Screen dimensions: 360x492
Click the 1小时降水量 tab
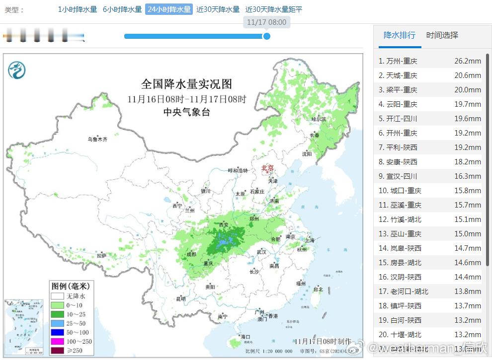[77, 9]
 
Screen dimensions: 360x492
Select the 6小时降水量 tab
[122, 9]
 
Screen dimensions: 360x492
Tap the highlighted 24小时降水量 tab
[168, 9]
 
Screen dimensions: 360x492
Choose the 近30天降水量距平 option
[273, 9]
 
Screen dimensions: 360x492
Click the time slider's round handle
[266, 36]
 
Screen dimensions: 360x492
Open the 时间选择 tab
[442, 35]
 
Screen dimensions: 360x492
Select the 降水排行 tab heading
[399, 35]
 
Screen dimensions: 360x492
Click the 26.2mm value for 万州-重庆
[467, 61]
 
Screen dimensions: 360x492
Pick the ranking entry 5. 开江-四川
[398, 119]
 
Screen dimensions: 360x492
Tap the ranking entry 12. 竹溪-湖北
[400, 219]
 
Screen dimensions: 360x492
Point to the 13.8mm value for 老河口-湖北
[467, 291]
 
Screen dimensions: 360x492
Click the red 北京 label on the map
[267, 168]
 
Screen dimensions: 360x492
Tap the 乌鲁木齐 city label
[97, 140]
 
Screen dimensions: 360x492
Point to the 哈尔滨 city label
[319, 119]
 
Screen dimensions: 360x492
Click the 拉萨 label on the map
[101, 255]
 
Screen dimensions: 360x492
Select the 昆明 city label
[180, 299]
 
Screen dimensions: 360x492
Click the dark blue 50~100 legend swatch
[57, 332]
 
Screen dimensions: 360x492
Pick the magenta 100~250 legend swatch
[57, 342]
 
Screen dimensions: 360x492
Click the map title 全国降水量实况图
[186, 84]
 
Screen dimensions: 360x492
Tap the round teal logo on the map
[16, 70]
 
